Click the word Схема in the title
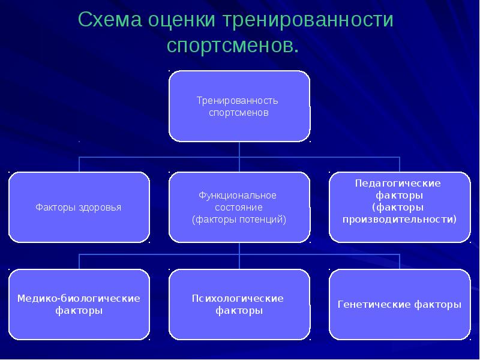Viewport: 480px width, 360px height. [x=107, y=20]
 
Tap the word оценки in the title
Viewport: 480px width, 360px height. [x=183, y=20]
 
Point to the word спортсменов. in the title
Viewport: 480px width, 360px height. [x=232, y=46]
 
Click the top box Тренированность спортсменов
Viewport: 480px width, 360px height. [x=239, y=106]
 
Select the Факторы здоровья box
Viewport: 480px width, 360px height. [x=79, y=208]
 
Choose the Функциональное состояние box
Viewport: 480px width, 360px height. [x=239, y=208]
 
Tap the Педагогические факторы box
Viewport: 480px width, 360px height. [x=399, y=208]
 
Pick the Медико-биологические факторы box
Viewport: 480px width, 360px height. [x=79, y=305]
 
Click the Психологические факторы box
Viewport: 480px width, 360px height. [x=239, y=305]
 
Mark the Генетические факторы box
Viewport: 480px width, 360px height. [x=399, y=305]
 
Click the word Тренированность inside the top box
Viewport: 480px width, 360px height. [x=238, y=100]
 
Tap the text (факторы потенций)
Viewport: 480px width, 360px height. [x=239, y=220]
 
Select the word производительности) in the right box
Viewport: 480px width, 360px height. [x=399, y=219]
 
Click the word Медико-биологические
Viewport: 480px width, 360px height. [x=79, y=298]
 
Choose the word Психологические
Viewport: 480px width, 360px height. [x=238, y=298]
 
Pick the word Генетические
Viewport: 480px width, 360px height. [x=373, y=305]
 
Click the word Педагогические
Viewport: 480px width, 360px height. [x=398, y=183]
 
